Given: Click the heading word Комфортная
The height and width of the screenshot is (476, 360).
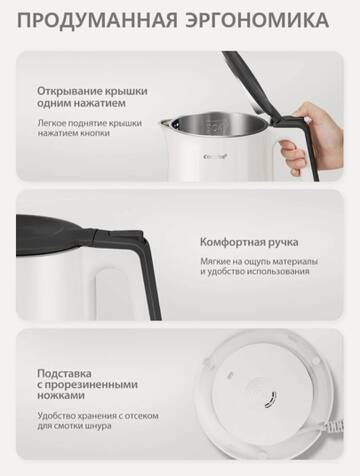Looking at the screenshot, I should click(236, 242).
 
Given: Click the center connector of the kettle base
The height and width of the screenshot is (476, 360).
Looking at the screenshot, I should click(263, 405).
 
